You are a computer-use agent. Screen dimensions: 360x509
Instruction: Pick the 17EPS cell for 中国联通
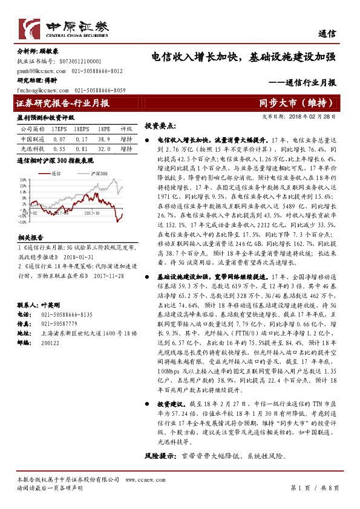click(x=59, y=138)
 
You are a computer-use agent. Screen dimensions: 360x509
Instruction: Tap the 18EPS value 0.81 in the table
click(x=82, y=148)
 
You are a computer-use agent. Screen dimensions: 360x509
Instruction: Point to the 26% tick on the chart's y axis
click(x=24, y=180)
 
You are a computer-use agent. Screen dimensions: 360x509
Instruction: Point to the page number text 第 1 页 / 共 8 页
click(x=315, y=487)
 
